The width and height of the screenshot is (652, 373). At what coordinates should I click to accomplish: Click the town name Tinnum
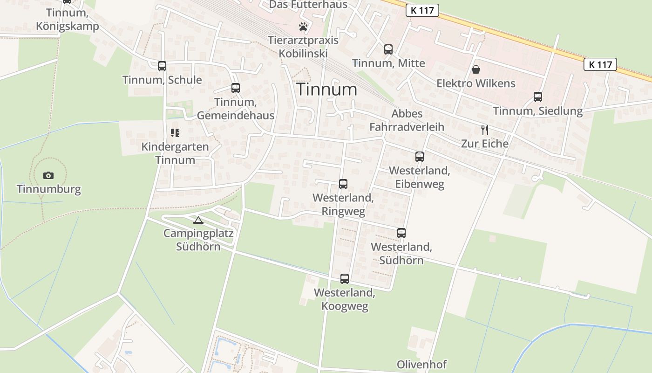(327, 89)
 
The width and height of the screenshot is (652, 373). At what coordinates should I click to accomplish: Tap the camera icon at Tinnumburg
(48, 176)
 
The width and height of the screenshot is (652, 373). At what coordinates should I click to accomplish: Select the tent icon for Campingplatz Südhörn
(198, 220)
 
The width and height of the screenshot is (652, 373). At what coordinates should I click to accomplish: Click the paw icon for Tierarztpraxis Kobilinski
(303, 27)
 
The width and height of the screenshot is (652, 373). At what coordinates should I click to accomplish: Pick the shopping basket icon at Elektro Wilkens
(476, 70)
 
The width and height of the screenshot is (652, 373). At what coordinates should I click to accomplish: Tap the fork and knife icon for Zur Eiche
(485, 130)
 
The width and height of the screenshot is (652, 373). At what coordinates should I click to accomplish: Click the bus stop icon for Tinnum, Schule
(162, 66)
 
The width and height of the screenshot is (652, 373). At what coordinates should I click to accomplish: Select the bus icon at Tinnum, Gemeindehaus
(236, 88)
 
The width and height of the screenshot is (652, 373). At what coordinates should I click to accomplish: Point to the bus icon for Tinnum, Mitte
(388, 49)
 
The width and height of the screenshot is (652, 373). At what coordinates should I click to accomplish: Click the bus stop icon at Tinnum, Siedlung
(538, 97)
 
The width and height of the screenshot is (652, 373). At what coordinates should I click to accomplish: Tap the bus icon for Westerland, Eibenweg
(420, 157)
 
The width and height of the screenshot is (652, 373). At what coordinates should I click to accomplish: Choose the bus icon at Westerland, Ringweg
(343, 184)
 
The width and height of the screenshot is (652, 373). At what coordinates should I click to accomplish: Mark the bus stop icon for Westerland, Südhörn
(401, 233)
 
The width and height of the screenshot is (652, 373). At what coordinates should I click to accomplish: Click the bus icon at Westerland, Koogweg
(345, 279)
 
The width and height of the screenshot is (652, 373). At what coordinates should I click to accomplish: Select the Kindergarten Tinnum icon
(175, 133)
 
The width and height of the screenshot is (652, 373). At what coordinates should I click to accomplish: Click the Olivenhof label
(421, 364)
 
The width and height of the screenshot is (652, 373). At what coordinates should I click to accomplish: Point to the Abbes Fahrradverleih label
(407, 120)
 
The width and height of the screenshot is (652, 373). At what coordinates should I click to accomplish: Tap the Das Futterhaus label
(309, 5)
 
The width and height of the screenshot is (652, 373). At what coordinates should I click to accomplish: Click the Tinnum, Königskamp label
(68, 20)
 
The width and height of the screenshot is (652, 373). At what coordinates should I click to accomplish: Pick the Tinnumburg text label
(49, 189)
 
